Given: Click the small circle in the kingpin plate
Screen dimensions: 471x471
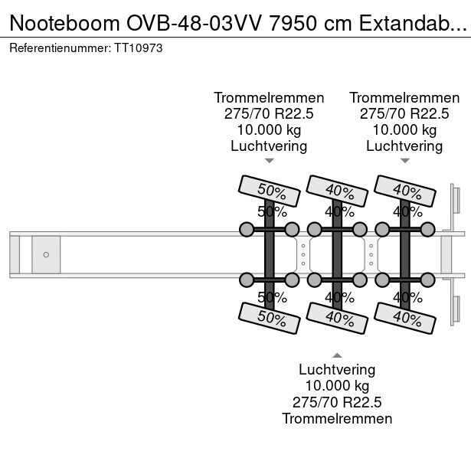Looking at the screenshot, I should coord(46,254).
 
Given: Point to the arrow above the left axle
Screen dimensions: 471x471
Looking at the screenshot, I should coord(269,161).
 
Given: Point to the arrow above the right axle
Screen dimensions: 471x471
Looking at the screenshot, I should coord(404,161).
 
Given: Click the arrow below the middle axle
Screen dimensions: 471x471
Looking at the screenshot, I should coord(336,355).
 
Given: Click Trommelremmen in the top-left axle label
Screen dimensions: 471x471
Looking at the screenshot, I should coord(269,98).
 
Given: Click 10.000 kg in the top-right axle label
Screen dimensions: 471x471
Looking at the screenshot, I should coord(404,129).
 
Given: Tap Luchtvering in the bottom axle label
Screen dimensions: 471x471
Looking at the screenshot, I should coord(337,370).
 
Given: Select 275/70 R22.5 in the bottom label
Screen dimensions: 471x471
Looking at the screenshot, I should coord(337,402).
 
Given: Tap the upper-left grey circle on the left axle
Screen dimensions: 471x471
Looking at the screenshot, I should coord(247,229).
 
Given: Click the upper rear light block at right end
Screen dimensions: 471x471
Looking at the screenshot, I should coord(454,201).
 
